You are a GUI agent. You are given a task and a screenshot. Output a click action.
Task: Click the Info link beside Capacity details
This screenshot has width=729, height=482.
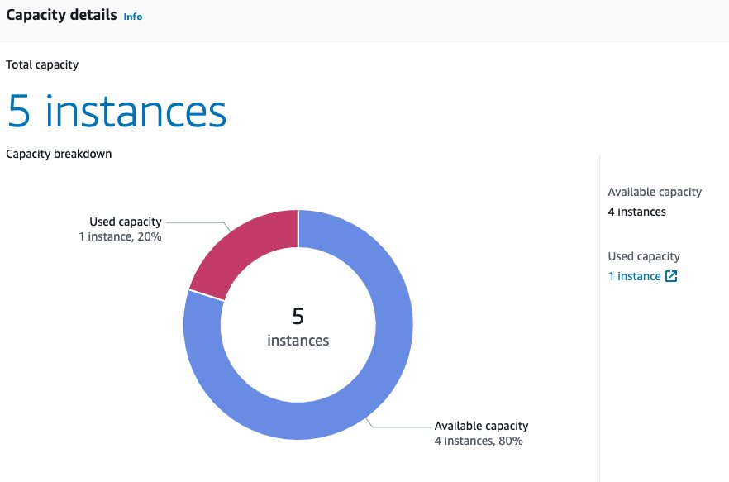pos(133,17)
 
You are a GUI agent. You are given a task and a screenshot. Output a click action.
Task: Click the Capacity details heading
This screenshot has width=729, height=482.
pos(61,15)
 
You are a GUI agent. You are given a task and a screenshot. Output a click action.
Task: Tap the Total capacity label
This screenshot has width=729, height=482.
pos(42,64)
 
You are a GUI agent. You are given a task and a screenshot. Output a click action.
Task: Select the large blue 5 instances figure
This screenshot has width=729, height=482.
pos(117,111)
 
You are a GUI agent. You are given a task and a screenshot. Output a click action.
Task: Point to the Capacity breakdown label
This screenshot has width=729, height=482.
pos(59,154)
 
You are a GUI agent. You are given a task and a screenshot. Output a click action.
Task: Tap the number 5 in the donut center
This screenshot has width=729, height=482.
pos(298,317)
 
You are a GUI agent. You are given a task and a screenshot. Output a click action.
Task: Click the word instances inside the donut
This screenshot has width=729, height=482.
pos(298,341)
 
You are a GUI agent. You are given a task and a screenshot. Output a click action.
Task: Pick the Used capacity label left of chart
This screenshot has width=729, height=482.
pos(126,222)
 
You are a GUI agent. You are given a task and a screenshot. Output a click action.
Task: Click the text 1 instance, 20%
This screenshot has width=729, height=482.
pos(121,236)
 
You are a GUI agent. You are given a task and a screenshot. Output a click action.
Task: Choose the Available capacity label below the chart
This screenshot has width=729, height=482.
pos(481,426)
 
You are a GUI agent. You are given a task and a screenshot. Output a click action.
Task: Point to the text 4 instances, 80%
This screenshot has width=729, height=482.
pos(479,441)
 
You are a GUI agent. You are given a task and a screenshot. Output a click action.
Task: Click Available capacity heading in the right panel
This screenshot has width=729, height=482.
pos(655,192)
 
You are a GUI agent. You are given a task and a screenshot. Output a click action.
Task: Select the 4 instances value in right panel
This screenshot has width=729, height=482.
pos(637,212)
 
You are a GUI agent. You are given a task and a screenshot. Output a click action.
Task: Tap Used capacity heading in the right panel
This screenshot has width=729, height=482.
pos(644,256)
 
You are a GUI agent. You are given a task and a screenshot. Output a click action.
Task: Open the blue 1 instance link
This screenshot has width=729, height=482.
pos(635,276)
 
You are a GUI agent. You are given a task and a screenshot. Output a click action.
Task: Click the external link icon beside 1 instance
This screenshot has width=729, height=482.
pos(671,276)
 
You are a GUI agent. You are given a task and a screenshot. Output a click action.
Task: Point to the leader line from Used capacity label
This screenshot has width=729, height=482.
pos(198,222)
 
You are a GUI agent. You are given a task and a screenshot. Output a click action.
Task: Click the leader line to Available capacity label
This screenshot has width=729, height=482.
pos(398,427)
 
